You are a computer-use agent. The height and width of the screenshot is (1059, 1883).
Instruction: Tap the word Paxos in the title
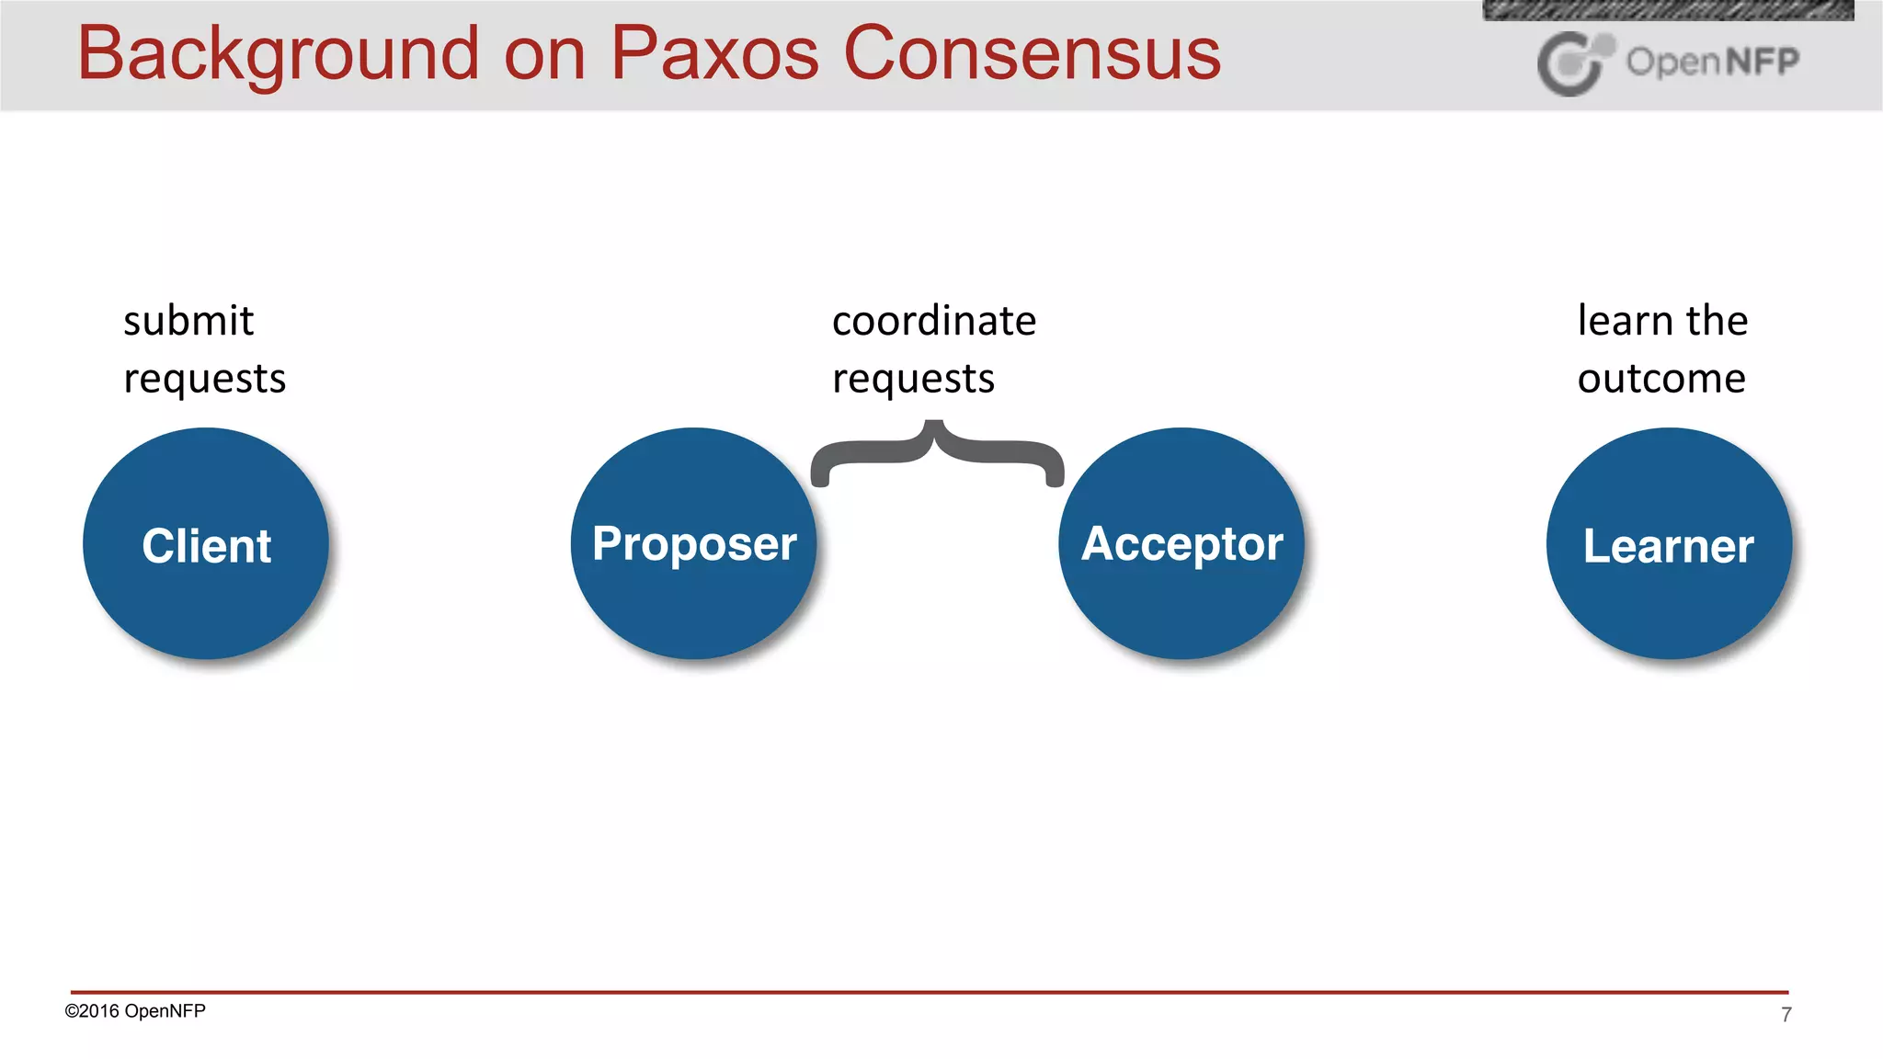[714, 53]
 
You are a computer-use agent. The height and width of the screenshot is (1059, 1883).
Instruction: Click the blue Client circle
[206, 544]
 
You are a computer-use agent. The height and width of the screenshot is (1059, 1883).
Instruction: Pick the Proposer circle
[693, 544]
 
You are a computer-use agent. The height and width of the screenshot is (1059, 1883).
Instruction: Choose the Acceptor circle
[1181, 544]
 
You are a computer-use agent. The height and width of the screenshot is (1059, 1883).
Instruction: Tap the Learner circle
[1669, 544]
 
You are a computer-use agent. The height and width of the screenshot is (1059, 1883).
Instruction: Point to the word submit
[188, 321]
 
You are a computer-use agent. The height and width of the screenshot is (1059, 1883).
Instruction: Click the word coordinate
[934, 321]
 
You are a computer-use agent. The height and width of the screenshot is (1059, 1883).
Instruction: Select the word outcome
[1661, 379]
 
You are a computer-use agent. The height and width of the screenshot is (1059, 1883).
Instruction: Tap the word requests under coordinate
[913, 379]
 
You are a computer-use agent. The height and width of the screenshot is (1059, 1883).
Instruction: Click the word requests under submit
[204, 379]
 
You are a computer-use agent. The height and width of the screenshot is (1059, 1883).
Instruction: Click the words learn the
[1662, 321]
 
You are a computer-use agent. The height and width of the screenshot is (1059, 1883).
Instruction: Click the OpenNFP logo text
[1712, 62]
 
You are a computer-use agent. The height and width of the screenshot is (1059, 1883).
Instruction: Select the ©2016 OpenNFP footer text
[135, 1011]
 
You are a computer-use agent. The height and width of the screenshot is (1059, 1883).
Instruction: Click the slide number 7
[1786, 1015]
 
